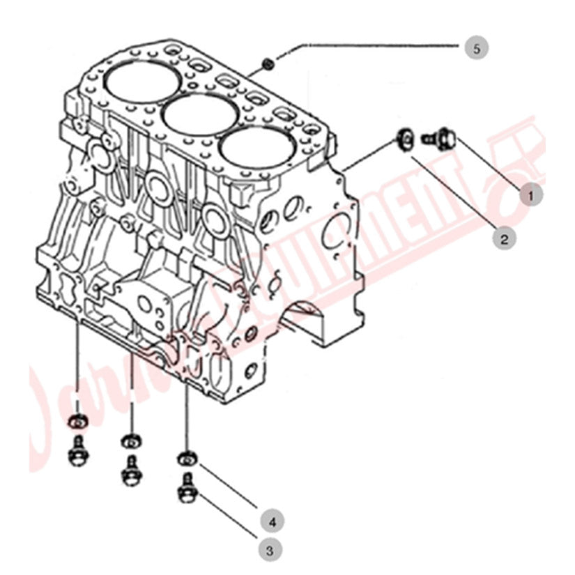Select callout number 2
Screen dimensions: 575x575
coord(503,239)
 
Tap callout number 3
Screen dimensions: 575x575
coord(271,550)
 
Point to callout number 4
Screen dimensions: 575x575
coord(273,520)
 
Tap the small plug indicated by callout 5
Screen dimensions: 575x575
coord(268,65)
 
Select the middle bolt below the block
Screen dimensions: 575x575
coord(130,470)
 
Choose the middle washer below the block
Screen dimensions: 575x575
coord(130,440)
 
